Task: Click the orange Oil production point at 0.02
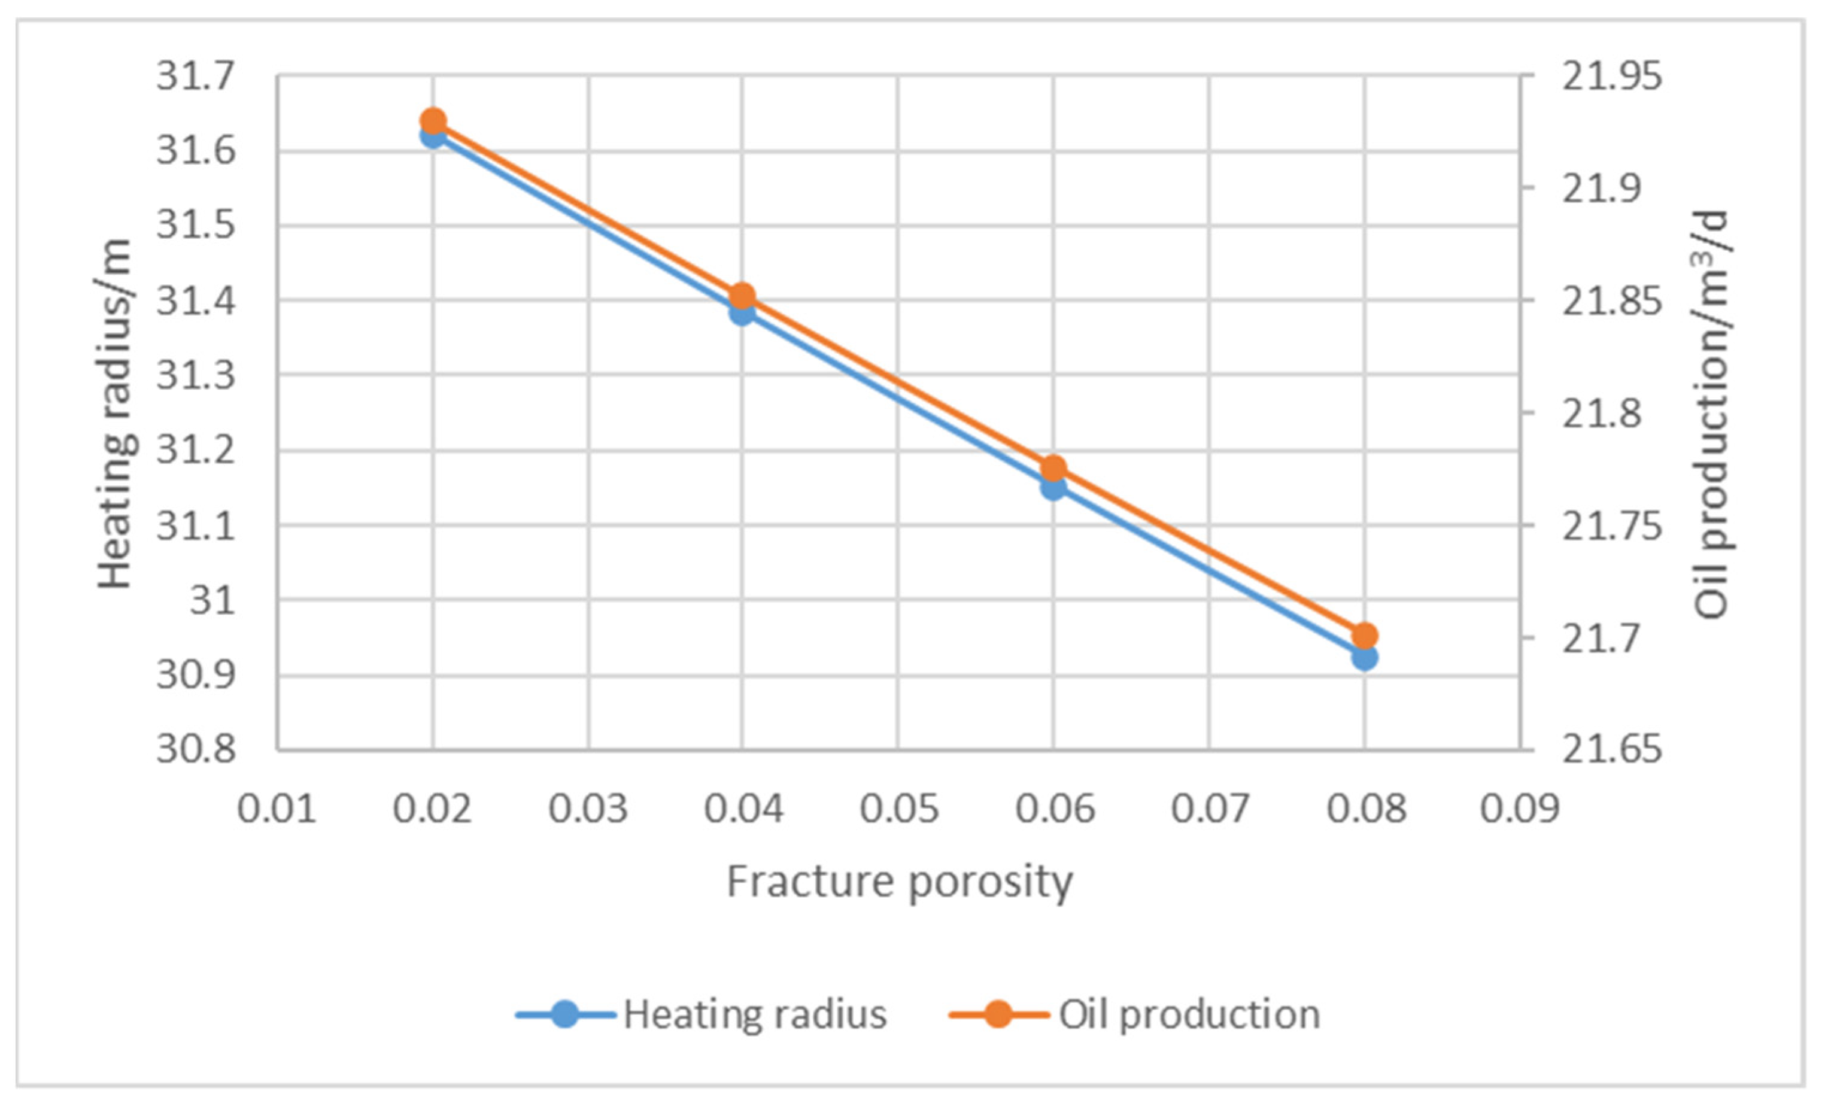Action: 433,121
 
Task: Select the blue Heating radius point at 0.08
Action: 1364,657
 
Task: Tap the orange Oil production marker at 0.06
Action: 1054,468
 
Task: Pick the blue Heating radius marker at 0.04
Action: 742,312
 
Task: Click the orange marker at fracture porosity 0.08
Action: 1364,636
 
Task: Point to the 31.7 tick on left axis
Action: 196,75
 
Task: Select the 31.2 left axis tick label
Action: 196,449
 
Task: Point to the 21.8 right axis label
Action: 1601,412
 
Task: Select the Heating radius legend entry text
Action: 754,1014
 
